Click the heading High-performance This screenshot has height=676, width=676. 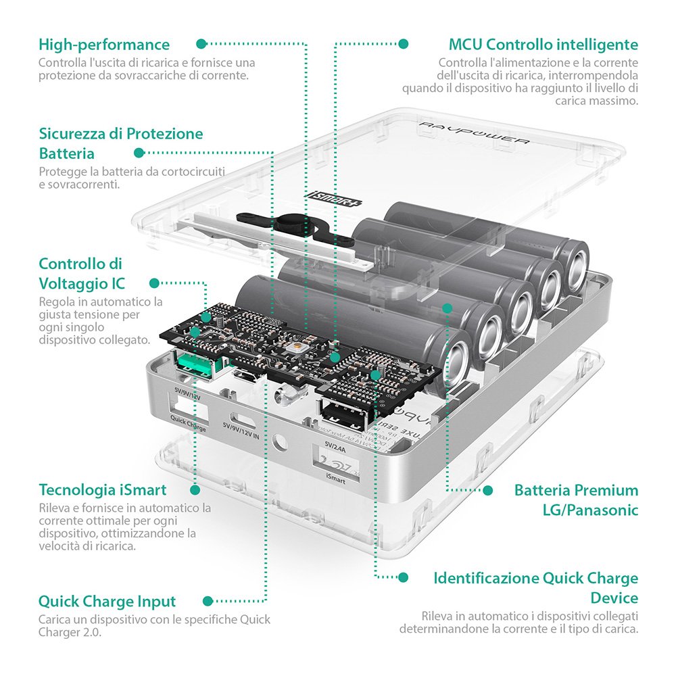pyautogui.click(x=104, y=45)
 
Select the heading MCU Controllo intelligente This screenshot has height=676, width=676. pyautogui.click(x=543, y=45)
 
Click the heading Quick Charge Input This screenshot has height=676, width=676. pyautogui.click(x=107, y=601)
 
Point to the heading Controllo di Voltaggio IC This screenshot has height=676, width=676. pyautogui.click(x=82, y=273)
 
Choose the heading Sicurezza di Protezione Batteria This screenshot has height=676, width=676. pyautogui.click(x=120, y=143)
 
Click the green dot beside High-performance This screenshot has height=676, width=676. pyautogui.click(x=201, y=44)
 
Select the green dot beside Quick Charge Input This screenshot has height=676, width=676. pyautogui.click(x=208, y=600)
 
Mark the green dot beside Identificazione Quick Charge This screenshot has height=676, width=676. pyautogui.click(x=404, y=578)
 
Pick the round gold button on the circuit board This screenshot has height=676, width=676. pyautogui.click(x=294, y=347)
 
